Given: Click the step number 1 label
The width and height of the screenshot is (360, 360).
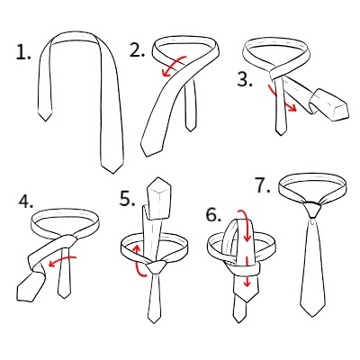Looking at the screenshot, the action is point(23,52).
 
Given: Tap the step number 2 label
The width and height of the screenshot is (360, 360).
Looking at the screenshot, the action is point(137,49).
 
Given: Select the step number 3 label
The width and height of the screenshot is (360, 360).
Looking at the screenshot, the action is point(245,79).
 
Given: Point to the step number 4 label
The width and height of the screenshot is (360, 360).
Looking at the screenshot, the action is point(26,201).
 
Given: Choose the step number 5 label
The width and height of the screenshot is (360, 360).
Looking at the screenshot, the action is point(128,198).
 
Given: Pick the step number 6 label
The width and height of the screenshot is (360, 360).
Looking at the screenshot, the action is point(214,215).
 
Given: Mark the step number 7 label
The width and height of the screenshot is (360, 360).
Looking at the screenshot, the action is point(263,185).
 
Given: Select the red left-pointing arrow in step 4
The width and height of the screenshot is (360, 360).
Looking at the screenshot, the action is point(62,260).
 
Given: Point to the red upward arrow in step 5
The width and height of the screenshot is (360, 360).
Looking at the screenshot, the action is point(139,260).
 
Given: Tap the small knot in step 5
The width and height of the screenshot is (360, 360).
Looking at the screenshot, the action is point(156,266).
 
